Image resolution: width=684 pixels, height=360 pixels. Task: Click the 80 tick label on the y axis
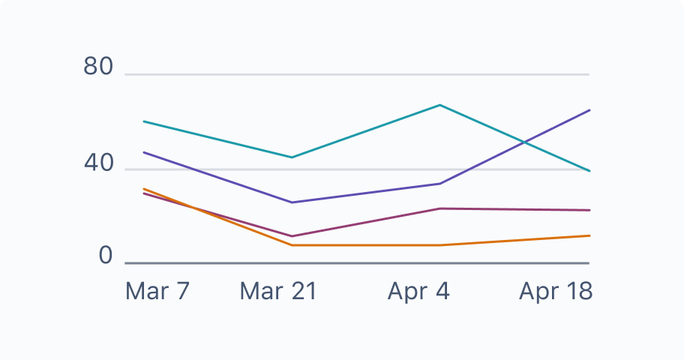click(x=98, y=67)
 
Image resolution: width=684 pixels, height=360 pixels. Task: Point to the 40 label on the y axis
click(x=98, y=162)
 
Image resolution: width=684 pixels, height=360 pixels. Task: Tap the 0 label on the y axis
click(x=105, y=256)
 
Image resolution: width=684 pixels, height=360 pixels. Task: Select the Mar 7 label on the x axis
click(x=157, y=291)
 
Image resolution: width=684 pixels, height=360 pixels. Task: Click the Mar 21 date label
click(x=278, y=291)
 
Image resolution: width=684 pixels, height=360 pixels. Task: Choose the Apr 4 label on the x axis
click(x=418, y=291)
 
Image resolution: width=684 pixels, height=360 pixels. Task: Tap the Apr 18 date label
click(x=555, y=291)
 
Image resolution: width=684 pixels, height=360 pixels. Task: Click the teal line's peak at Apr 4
click(x=440, y=105)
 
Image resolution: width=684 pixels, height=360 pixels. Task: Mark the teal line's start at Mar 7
click(x=143, y=121)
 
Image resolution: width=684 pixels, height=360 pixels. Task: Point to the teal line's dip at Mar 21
click(x=292, y=157)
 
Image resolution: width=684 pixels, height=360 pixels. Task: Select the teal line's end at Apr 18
click(x=589, y=171)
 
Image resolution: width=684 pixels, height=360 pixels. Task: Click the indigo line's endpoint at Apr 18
click(x=589, y=110)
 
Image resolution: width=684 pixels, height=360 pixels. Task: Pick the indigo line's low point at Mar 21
click(x=292, y=202)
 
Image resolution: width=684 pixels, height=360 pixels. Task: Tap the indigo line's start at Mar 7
click(x=143, y=152)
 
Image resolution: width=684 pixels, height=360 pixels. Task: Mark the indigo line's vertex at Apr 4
click(x=440, y=184)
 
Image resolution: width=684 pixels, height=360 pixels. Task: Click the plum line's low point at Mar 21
click(x=292, y=236)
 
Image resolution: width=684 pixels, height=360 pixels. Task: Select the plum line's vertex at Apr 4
click(x=440, y=208)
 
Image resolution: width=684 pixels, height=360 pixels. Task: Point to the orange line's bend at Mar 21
click(x=292, y=245)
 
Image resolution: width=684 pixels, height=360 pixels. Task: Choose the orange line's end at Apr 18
click(x=589, y=235)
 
